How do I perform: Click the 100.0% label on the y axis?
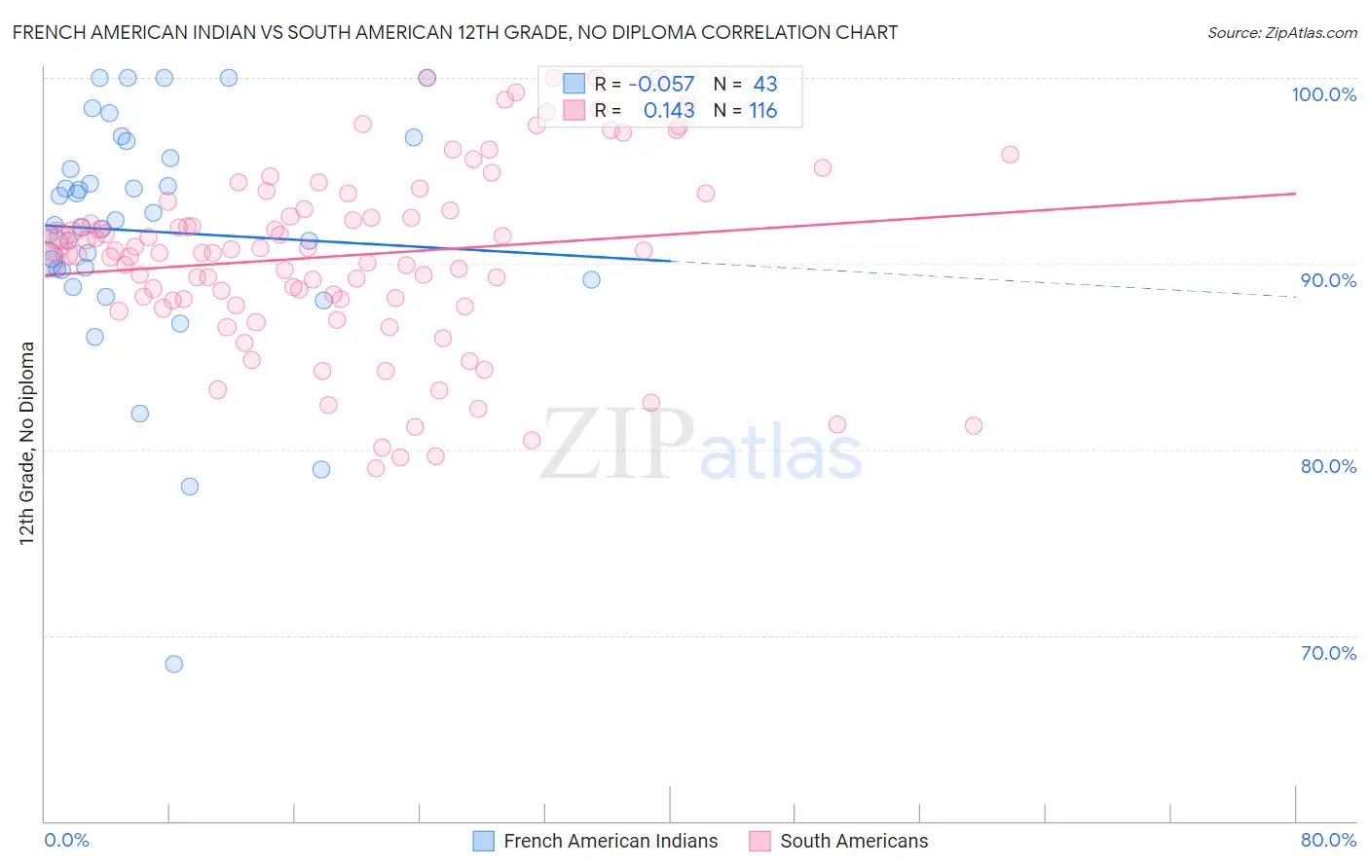[x=1323, y=94]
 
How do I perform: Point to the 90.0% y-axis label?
[x=1328, y=280]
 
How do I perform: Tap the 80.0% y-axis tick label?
[x=1328, y=466]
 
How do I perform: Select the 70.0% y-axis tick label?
[x=1328, y=653]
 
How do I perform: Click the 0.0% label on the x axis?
[x=66, y=840]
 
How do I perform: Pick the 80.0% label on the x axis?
[x=1328, y=840]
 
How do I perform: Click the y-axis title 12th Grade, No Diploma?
[x=27, y=443]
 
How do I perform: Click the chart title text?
[x=455, y=32]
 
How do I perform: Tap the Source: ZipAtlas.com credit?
[x=1281, y=32]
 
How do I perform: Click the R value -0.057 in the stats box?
[x=661, y=84]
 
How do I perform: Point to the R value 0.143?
[x=669, y=110]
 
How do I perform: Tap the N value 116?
[x=762, y=110]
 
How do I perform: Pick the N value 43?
[x=765, y=84]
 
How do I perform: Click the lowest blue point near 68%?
[x=174, y=664]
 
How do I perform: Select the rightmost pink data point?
[x=1010, y=155]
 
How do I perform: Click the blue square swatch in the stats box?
[x=574, y=84]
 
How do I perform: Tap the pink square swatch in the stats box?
[x=574, y=110]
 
